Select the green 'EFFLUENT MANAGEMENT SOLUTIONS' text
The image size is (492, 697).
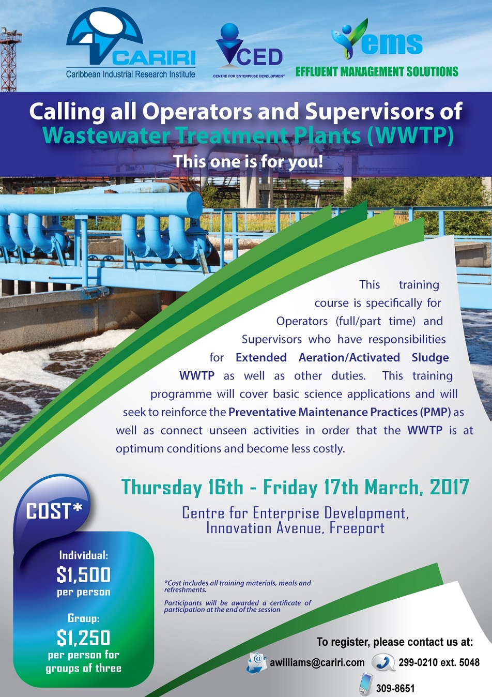click(x=377, y=71)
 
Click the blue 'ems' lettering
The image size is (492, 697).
click(x=392, y=44)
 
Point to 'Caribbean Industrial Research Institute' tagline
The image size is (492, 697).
click(x=131, y=74)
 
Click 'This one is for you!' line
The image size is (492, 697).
click(x=248, y=161)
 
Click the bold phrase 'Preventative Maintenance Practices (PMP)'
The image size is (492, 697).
click(x=340, y=412)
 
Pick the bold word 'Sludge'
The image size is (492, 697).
click(x=430, y=357)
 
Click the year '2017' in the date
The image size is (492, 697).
click(x=449, y=487)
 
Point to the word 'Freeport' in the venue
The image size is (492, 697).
click(x=357, y=528)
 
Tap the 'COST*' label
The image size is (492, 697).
click(x=54, y=511)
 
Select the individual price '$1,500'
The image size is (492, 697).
click(x=84, y=574)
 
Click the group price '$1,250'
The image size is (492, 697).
click(x=84, y=638)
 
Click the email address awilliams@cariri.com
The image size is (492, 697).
click(x=317, y=662)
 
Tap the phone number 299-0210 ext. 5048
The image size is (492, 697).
click(x=439, y=662)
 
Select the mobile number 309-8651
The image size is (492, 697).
click(x=395, y=688)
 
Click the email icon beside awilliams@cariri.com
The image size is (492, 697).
click(x=257, y=663)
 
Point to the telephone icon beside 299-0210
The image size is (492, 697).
click(x=383, y=662)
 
